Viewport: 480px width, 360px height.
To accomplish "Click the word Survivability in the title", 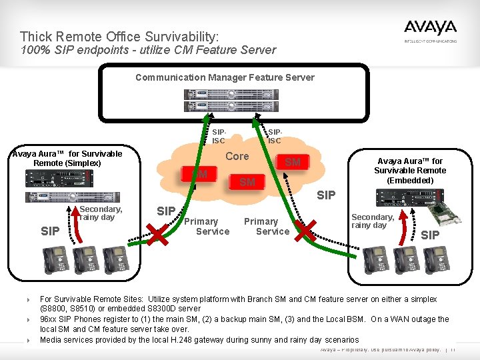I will pos(175,36).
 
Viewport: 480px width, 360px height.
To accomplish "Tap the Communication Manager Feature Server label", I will pos(225,77).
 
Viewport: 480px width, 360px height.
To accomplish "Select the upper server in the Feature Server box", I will pos(225,92).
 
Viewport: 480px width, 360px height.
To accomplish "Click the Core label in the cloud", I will pos(237,157).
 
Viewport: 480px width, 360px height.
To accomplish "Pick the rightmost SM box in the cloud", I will pos(293,162).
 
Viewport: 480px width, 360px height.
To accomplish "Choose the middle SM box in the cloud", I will pos(247,181).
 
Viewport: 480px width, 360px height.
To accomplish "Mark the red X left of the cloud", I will pos(158,234).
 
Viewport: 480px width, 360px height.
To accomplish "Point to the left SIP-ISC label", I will pos(218,136).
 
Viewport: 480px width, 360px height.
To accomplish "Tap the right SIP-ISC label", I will pos(274,136).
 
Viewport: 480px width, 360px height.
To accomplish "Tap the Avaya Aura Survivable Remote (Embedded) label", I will pos(410,171).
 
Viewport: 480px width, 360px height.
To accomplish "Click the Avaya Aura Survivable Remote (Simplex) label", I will pos(67,158).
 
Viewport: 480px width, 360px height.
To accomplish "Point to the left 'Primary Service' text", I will pos(207,226).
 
